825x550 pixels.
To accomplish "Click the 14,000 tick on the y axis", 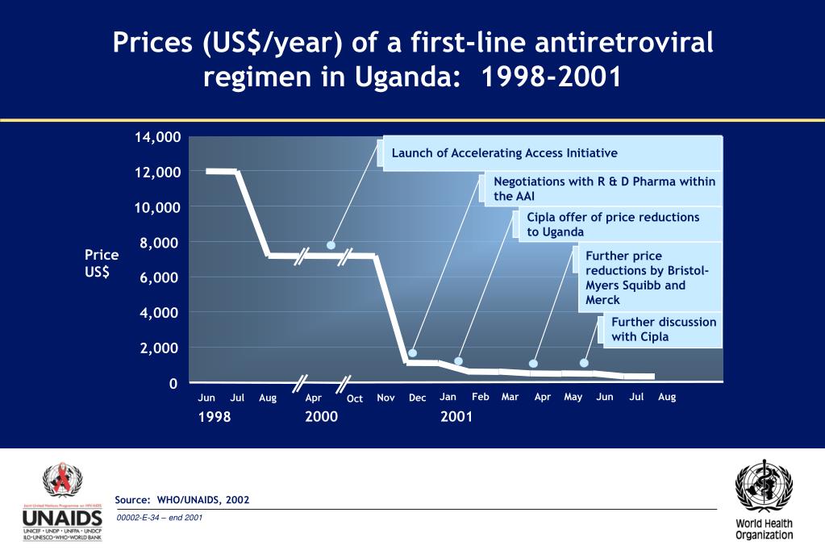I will click(157, 137).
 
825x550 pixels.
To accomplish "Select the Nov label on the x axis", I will click(385, 398).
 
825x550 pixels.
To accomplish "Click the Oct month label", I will click(354, 398).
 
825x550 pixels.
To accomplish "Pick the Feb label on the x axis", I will click(480, 397).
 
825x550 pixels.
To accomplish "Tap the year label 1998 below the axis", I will click(215, 417).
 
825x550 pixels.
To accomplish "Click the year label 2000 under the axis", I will click(321, 417).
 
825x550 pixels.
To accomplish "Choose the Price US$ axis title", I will click(102, 263).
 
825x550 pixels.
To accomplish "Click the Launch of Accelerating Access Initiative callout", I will click(504, 153).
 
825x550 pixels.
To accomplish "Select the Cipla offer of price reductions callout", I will click(613, 224).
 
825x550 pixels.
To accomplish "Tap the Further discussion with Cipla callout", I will click(664, 329).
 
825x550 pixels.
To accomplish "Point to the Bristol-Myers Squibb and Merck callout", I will click(647, 278).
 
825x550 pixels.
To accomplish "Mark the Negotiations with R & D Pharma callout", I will click(604, 189).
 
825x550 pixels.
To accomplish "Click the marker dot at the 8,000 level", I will click(331, 245).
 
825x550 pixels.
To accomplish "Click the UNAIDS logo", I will click(62, 502).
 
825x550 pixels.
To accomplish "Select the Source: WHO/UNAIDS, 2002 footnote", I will click(182, 500).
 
